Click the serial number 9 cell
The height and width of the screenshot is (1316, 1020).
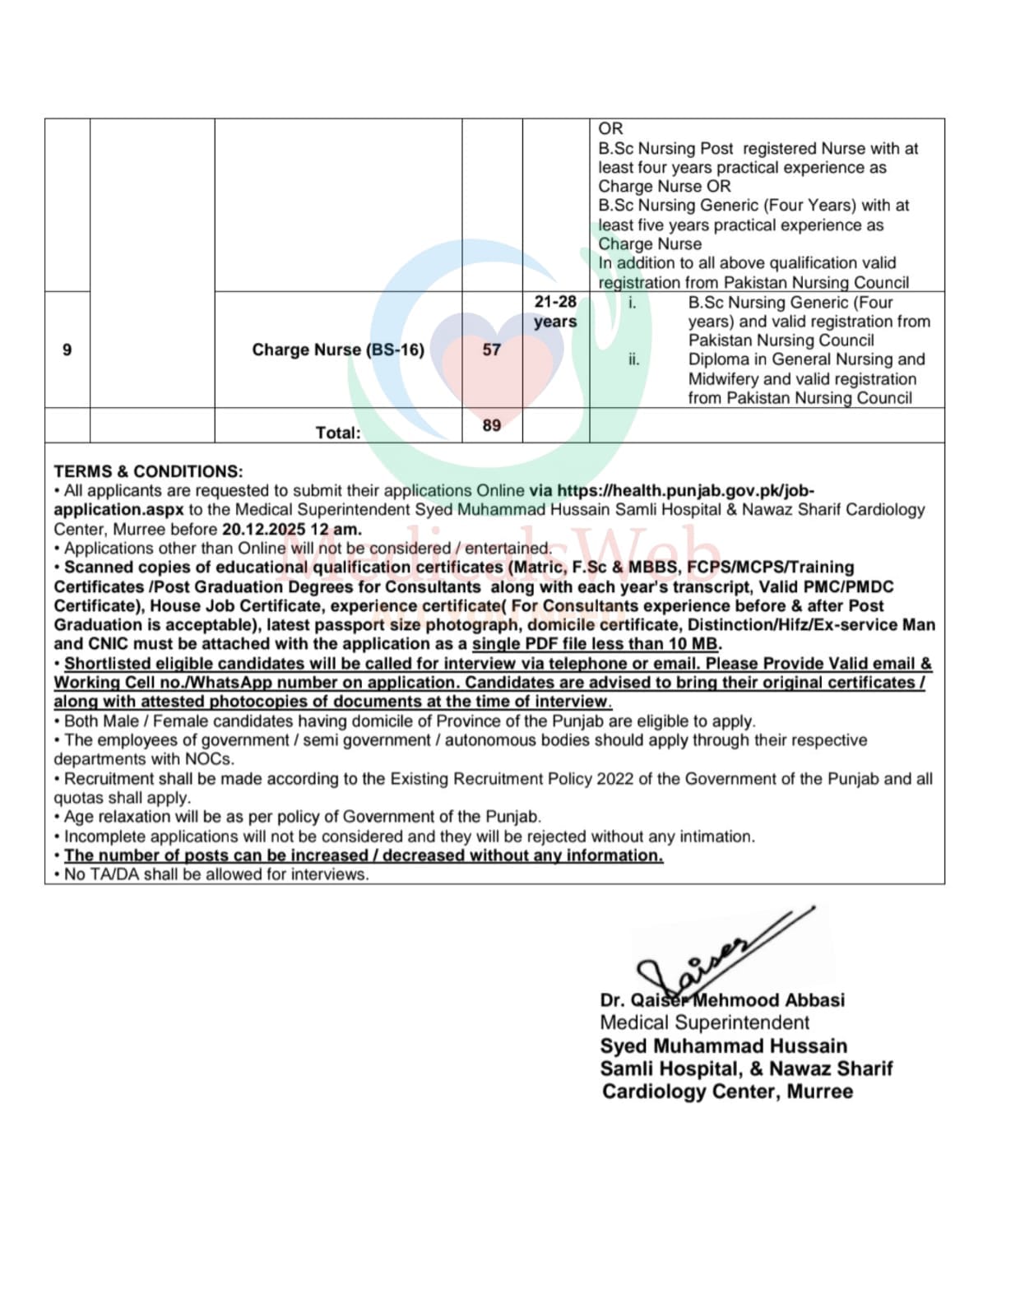click(x=67, y=350)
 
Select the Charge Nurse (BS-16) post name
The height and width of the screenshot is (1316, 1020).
click(x=338, y=350)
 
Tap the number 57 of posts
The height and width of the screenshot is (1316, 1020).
click(x=492, y=350)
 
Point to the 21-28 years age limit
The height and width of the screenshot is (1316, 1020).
click(x=555, y=312)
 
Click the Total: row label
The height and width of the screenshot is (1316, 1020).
click(x=338, y=433)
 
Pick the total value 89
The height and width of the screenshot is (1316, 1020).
click(x=492, y=425)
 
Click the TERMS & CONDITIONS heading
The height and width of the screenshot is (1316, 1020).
click(x=148, y=471)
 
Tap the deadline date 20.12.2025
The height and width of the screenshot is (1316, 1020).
click(x=263, y=530)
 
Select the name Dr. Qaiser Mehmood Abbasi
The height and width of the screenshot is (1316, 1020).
click(x=722, y=1001)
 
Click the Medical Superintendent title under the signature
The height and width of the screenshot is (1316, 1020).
click(x=704, y=1023)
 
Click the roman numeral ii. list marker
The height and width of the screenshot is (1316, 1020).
click(x=633, y=359)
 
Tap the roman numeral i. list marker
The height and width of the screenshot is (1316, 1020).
click(x=632, y=303)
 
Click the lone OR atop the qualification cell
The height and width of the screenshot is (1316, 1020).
click(x=610, y=128)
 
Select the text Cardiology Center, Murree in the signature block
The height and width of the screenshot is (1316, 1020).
click(x=727, y=1092)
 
